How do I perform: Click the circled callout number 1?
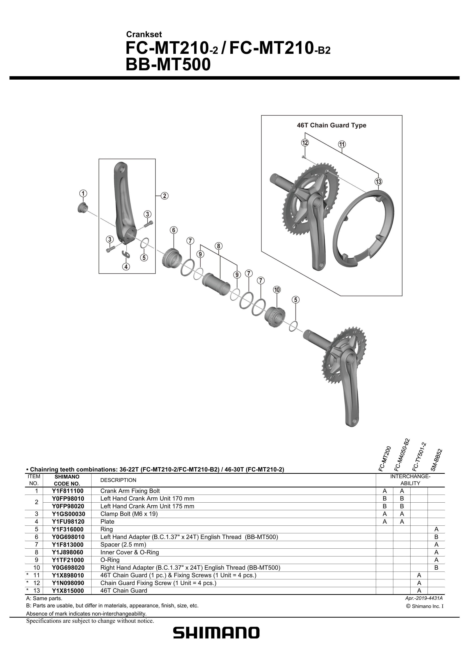(83, 193)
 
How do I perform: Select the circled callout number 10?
(277, 290)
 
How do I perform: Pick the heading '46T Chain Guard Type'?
(331, 125)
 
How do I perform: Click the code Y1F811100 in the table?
(68, 491)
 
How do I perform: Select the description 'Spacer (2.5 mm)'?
(123, 544)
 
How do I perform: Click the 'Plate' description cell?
(107, 522)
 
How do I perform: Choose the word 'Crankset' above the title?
(144, 34)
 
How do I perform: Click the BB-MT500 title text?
(168, 65)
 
